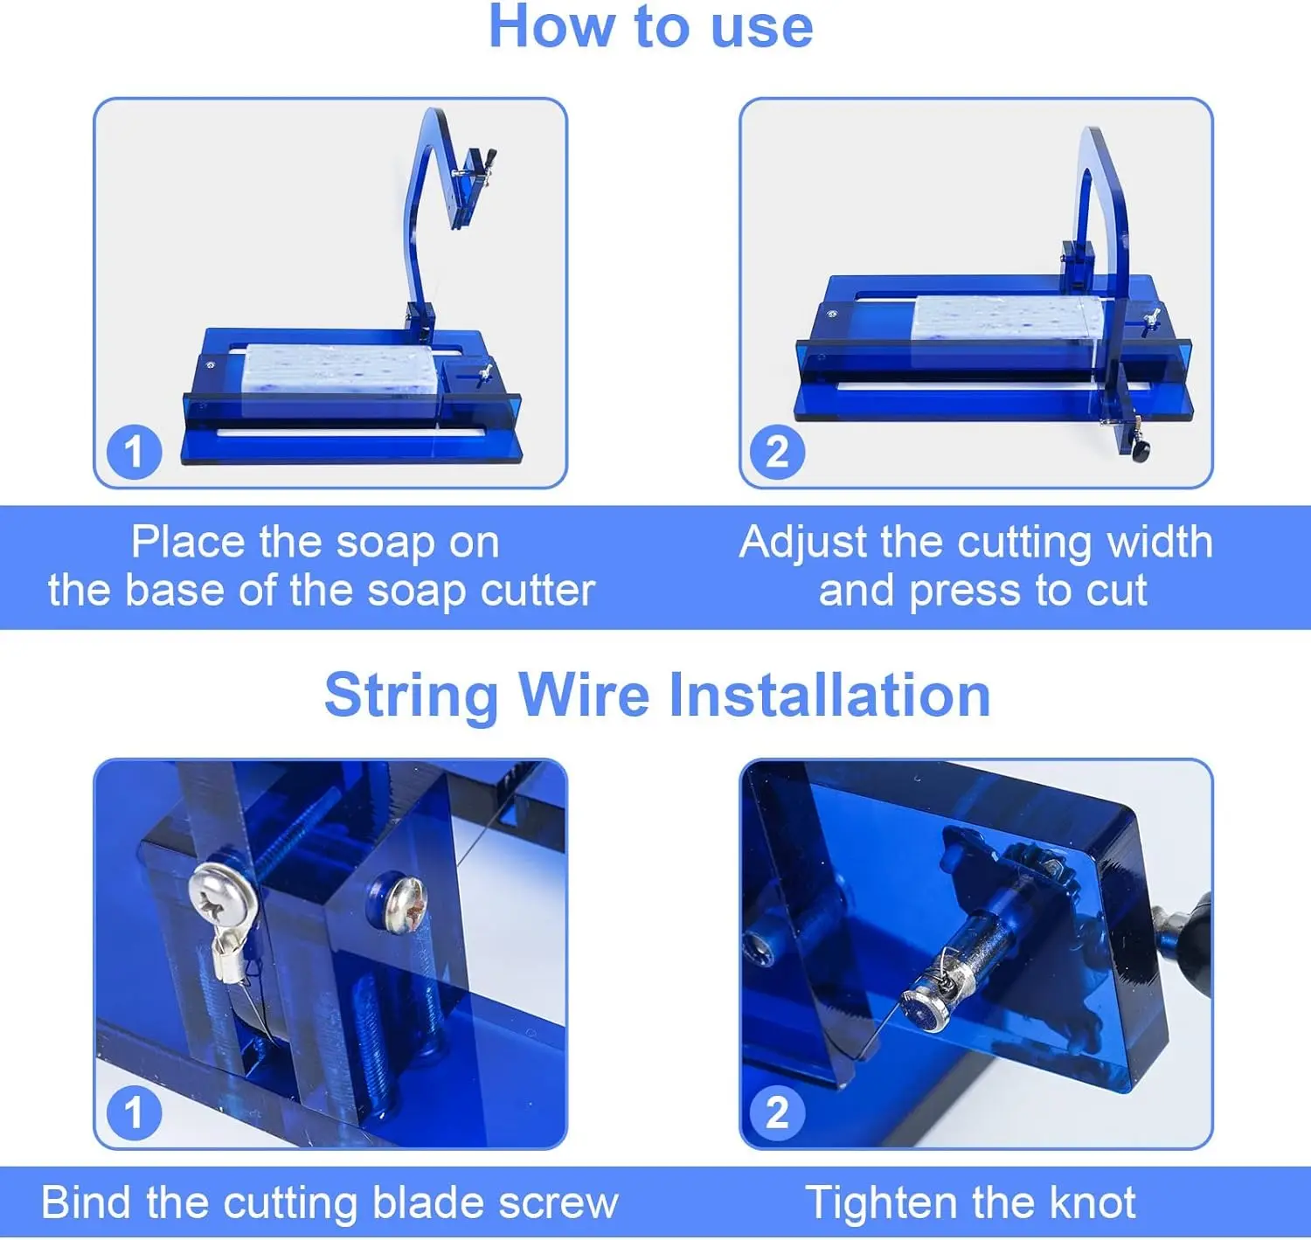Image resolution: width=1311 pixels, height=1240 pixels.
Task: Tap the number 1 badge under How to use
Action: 134,452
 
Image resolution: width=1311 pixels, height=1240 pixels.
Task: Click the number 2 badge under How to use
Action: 777,452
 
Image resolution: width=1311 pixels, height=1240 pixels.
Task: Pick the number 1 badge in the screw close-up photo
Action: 134,1112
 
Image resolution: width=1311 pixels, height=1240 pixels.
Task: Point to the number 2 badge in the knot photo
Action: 777,1112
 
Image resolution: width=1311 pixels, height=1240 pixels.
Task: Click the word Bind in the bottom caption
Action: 87,1202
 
